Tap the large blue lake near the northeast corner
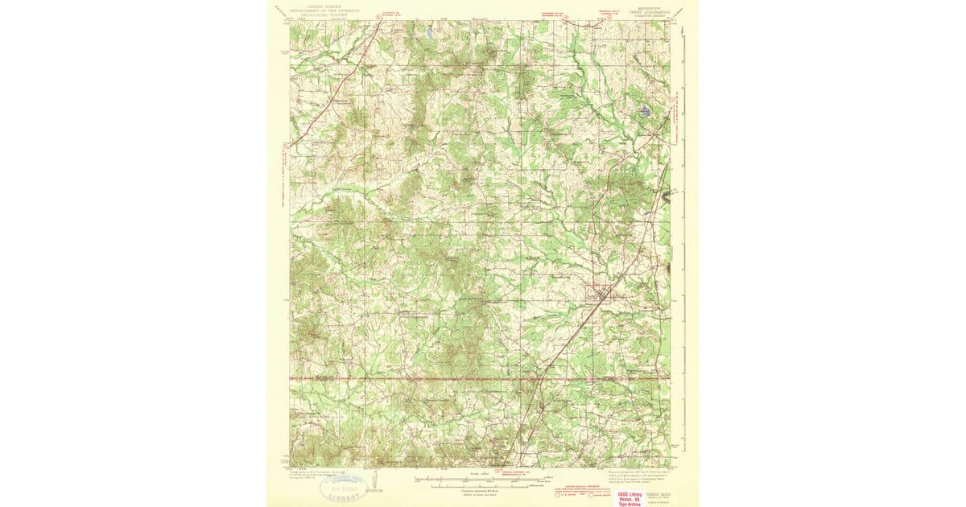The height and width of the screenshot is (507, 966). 645,112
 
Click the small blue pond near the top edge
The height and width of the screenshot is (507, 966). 431,33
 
